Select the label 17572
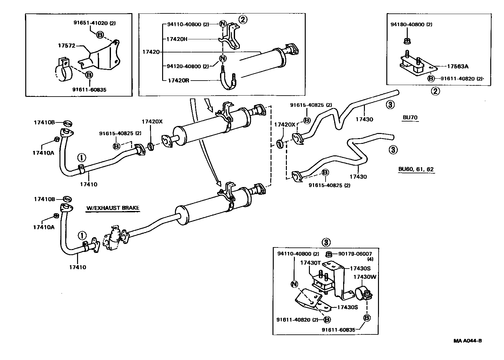(67, 46)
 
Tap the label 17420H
(177, 39)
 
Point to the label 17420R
(178, 81)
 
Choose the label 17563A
(458, 67)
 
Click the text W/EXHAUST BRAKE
(113, 208)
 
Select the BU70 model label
(410, 117)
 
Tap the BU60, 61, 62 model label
(416, 169)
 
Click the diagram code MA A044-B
(468, 341)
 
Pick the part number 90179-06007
(355, 254)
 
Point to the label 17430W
(365, 277)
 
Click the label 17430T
(310, 263)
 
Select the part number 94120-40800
(184, 67)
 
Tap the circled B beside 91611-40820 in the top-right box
(431, 79)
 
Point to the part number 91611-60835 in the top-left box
(89, 90)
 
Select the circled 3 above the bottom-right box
(326, 242)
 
